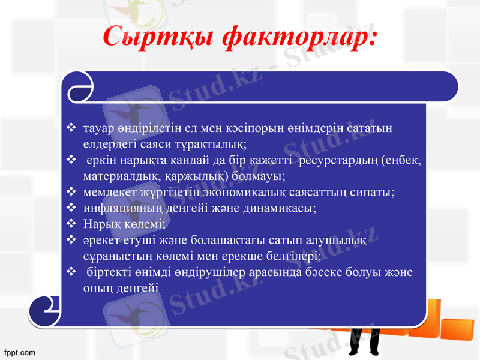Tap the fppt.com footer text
click(19, 352)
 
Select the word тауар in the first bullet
click(99, 128)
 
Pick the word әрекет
click(100, 241)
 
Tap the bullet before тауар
click(71, 128)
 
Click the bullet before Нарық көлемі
click(71, 224)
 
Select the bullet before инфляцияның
click(71, 208)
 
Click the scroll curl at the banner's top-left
click(80, 87)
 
